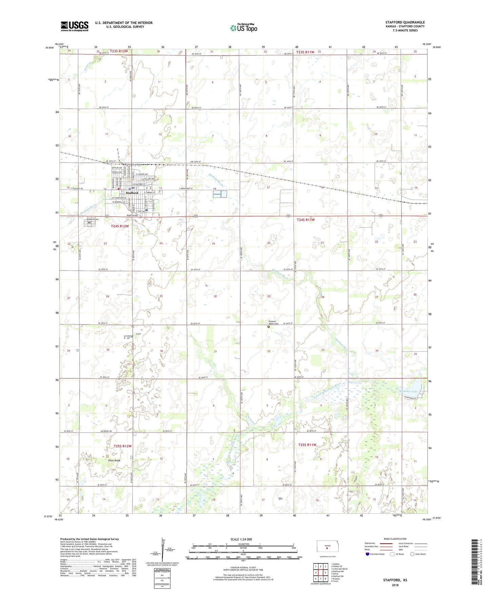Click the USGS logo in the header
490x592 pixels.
tap(75, 26)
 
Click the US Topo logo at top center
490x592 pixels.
tap(243, 27)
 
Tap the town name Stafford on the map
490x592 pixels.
tap(132, 193)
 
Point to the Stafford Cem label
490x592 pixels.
tap(92, 219)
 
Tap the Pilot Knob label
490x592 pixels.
tap(113, 460)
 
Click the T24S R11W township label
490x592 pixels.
tap(306, 220)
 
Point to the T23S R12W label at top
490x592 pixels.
tap(119, 51)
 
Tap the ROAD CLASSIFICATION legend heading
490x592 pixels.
tap(395, 539)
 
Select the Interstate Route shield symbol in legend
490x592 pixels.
tap(368, 554)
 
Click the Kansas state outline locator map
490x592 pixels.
tap(327, 546)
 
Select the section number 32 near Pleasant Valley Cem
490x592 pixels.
tap(269, 351)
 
